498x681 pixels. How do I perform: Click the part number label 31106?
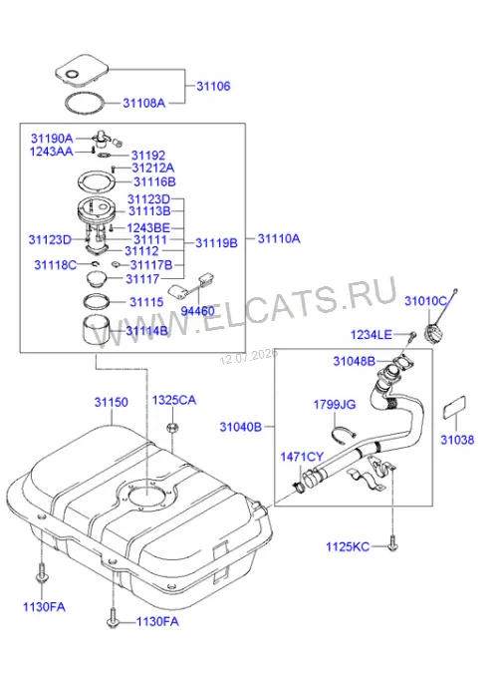[x=213, y=86]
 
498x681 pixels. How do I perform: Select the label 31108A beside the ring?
[x=144, y=103]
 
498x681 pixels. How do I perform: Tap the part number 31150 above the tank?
[x=112, y=402]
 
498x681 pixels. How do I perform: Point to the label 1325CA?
[x=174, y=400]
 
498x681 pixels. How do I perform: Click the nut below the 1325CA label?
[x=171, y=428]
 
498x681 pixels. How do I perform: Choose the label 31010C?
[x=425, y=301]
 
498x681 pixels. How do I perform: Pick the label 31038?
[x=457, y=440]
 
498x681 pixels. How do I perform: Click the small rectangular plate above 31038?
[x=454, y=408]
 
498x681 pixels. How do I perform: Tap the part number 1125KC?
[x=348, y=546]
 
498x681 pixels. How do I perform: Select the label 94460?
[x=197, y=311]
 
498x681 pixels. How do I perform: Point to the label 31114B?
[x=147, y=331]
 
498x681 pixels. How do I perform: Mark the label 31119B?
[x=216, y=243]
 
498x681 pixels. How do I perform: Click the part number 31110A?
[x=279, y=238]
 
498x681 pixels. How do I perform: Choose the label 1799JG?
[x=335, y=405]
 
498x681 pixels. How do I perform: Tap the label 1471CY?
[x=302, y=457]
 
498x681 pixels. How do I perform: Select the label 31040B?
[x=241, y=427]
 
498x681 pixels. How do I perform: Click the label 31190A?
[x=52, y=139]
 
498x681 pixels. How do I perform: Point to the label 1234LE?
[x=371, y=335]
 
